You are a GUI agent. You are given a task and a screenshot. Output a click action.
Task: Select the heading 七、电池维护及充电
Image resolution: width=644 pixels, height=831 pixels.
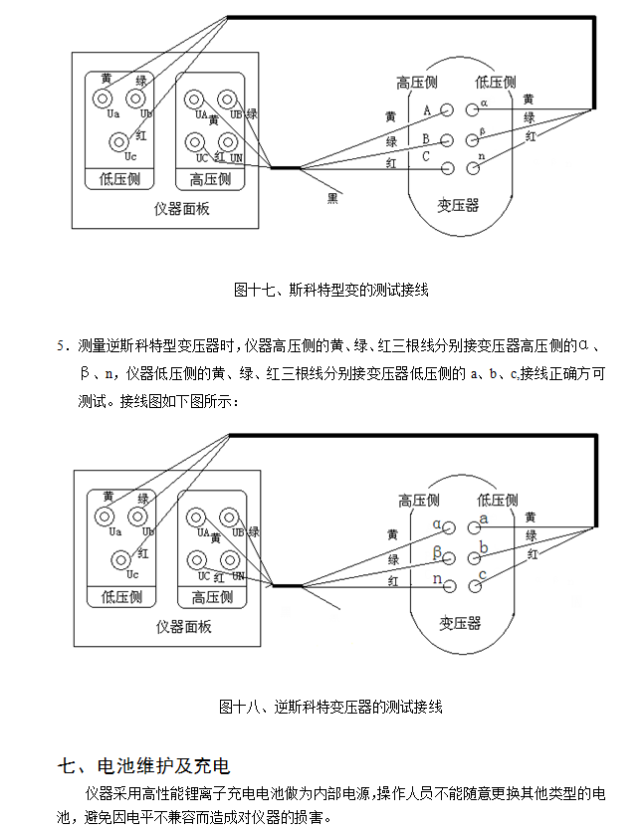pyautogui.click(x=144, y=766)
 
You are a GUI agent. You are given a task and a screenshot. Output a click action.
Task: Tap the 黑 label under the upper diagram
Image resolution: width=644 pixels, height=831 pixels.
pyautogui.click(x=333, y=198)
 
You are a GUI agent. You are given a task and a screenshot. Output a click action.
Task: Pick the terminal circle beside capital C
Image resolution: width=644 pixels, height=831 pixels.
pyautogui.click(x=447, y=168)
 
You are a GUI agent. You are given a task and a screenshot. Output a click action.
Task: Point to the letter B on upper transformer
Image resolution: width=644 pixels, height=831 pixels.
pyautogui.click(x=426, y=138)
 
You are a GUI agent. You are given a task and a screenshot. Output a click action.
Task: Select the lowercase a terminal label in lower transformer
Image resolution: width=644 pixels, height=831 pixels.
pyautogui.click(x=485, y=519)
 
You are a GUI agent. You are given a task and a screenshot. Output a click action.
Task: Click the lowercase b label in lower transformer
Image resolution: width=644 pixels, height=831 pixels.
pyautogui.click(x=485, y=547)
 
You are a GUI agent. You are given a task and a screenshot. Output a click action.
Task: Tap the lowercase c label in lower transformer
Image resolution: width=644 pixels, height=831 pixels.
pyautogui.click(x=484, y=575)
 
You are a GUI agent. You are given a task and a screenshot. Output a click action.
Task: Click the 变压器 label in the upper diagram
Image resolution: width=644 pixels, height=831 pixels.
pyautogui.click(x=458, y=205)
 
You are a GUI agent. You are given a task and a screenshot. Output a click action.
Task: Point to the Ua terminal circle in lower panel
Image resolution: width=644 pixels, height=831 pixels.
pyautogui.click(x=103, y=516)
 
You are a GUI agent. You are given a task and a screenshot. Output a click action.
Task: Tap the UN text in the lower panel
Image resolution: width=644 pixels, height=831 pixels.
pyautogui.click(x=238, y=576)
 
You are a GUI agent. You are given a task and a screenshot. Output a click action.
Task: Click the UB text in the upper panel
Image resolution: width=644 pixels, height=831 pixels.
pyautogui.click(x=236, y=115)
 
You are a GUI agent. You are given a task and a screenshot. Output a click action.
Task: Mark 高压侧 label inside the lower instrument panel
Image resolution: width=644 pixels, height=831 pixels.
pyautogui.click(x=212, y=598)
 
